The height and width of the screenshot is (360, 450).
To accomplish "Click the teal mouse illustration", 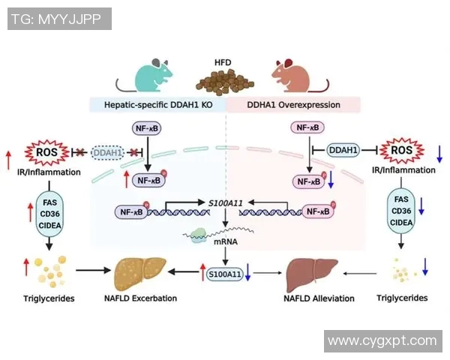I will pos(149,76).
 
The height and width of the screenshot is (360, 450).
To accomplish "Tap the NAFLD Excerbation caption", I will pos(141,298).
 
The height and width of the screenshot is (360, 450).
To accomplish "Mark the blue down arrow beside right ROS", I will pos(439,154).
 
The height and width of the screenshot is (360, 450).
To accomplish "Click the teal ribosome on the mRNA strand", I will pos(196,235).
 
